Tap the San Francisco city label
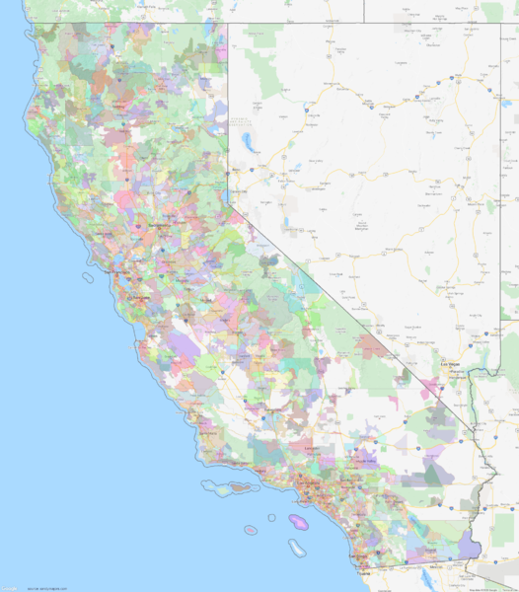click(115, 271)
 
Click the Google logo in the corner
click(9, 587)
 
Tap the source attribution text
click(47, 587)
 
